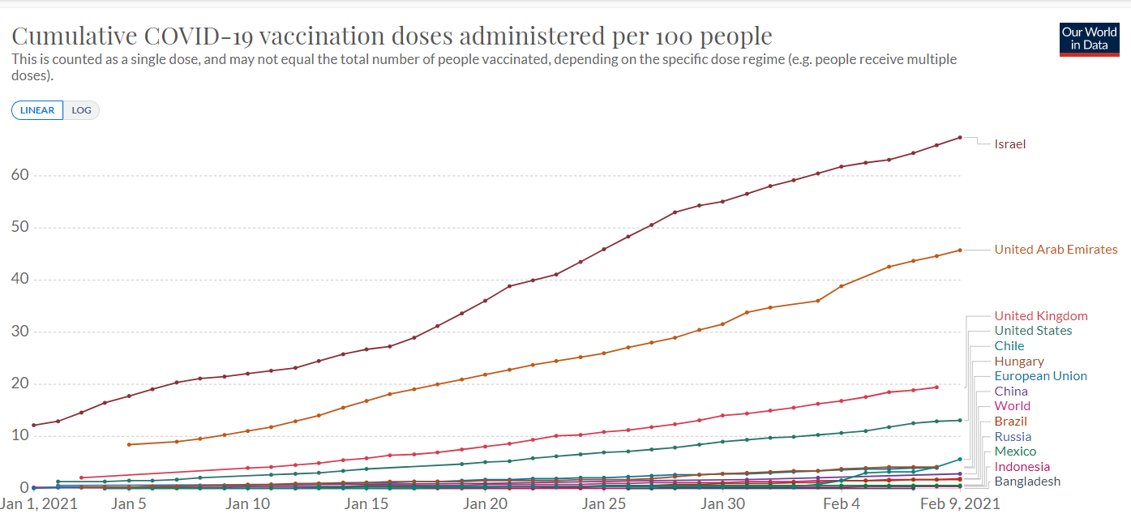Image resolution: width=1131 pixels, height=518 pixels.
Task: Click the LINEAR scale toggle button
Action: pos(37,110)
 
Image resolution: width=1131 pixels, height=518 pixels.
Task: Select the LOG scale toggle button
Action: pos(81,110)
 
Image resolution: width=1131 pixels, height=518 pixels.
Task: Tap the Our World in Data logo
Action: pos(1089,39)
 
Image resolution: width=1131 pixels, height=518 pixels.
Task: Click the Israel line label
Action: pos(1010,144)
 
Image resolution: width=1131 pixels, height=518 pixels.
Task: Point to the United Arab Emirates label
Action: pos(1056,250)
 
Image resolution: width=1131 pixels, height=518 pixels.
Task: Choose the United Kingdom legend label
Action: pos(1041,316)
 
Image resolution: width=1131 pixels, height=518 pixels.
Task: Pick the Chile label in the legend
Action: pos(1009,346)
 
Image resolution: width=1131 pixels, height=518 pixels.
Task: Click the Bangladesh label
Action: pos(1027,482)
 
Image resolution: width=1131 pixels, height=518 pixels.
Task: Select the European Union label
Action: pos(1041,376)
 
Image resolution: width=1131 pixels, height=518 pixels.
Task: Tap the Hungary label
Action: pos(1019,362)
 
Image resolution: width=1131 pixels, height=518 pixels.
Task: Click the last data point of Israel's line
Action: pos(960,137)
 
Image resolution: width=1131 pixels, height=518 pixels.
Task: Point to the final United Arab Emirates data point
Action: pos(960,250)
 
